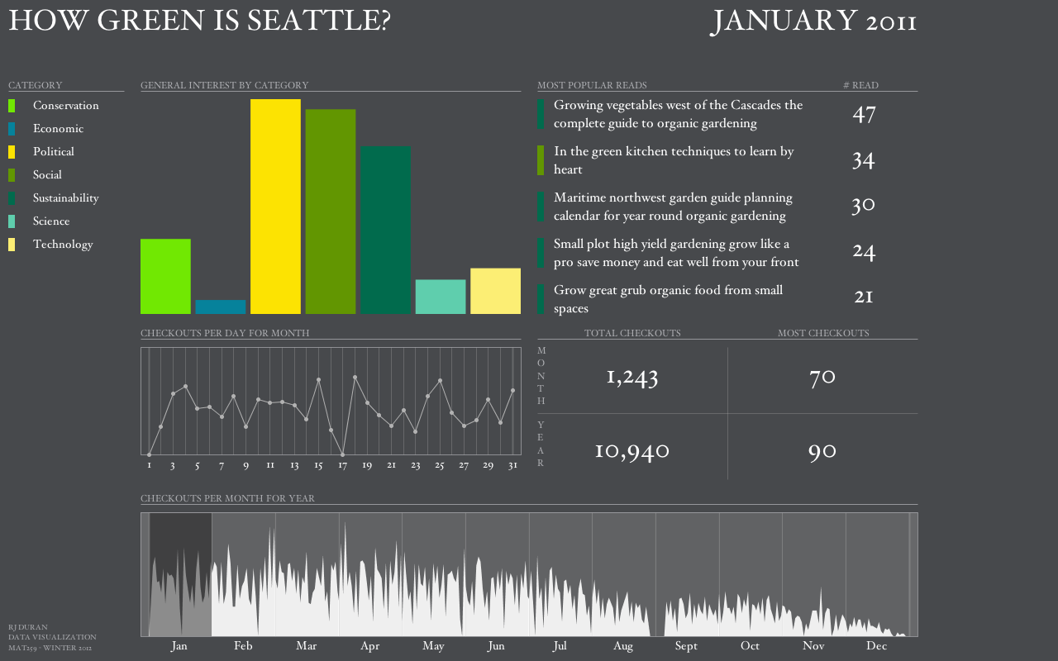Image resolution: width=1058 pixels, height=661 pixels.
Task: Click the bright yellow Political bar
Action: click(x=275, y=207)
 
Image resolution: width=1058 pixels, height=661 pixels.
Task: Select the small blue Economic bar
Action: click(x=221, y=307)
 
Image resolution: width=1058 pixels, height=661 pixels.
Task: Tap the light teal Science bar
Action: click(x=441, y=297)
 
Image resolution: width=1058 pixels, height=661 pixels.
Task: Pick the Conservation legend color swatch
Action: click(x=12, y=106)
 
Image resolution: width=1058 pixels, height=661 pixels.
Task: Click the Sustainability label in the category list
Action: click(x=65, y=198)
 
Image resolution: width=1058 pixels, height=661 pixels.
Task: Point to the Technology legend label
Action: click(x=63, y=245)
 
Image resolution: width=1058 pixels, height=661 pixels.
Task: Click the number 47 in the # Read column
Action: click(x=864, y=114)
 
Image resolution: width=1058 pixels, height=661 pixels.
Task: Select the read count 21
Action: click(x=864, y=296)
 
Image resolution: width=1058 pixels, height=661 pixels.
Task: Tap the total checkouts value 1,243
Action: click(x=632, y=378)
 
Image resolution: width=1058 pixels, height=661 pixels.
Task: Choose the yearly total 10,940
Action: click(x=632, y=451)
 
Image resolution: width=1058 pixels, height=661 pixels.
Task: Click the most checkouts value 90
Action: click(x=822, y=451)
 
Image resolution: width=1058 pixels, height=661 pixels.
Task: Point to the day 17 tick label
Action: click(x=342, y=466)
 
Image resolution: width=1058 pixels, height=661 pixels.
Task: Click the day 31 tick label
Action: click(x=512, y=466)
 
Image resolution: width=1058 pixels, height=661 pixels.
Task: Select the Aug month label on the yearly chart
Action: click(x=623, y=646)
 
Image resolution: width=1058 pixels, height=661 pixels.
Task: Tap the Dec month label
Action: click(x=876, y=646)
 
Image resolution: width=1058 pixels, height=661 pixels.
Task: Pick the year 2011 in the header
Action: click(x=891, y=22)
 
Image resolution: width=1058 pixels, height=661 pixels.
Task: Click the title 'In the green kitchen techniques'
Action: click(x=674, y=152)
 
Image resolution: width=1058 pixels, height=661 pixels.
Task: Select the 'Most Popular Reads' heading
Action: click(x=592, y=85)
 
